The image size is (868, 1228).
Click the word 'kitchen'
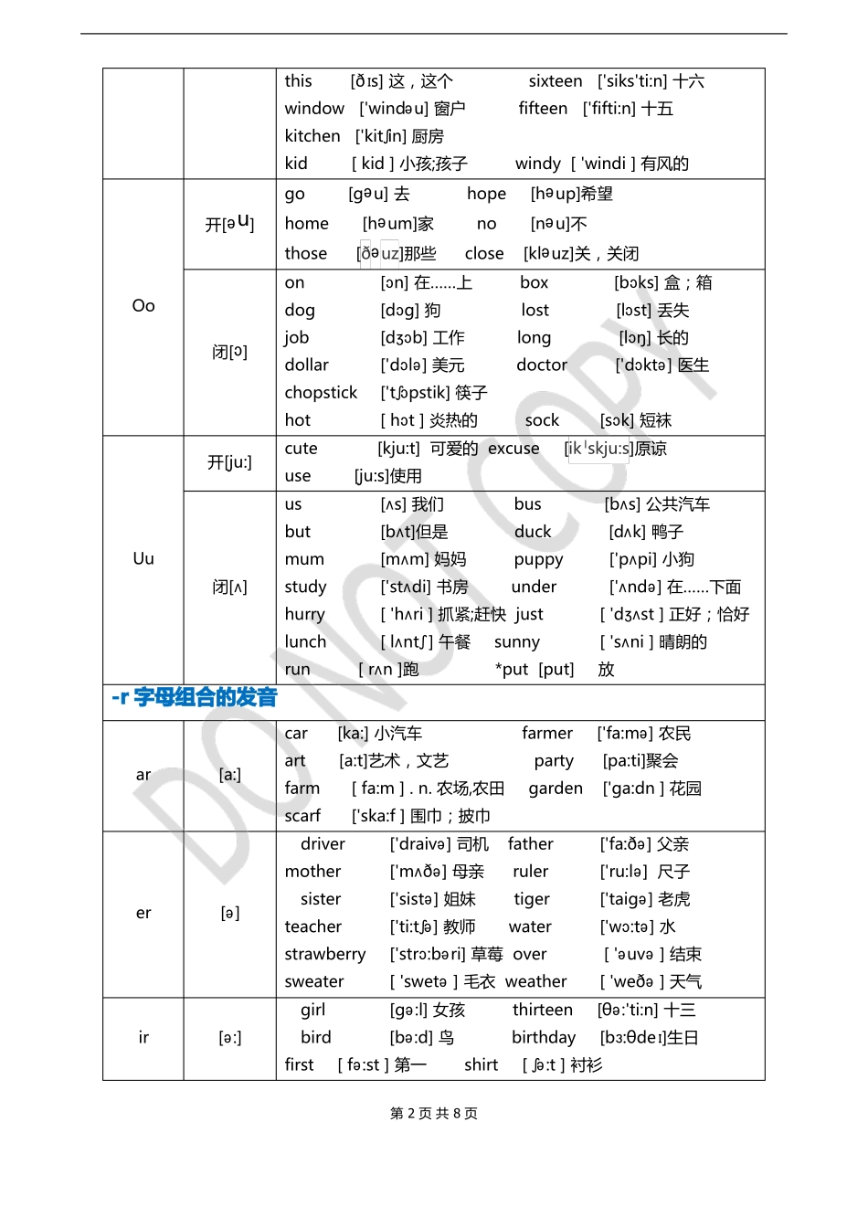[x=312, y=136]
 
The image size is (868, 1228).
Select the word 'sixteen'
[x=556, y=81]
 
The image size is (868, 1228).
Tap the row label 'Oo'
[x=143, y=306]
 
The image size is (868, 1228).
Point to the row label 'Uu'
[x=143, y=558]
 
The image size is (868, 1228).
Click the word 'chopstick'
[x=321, y=393]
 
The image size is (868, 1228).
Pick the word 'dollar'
[x=306, y=365]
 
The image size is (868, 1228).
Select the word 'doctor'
[x=542, y=365]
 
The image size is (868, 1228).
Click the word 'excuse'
[x=513, y=449]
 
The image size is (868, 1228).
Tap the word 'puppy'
[x=538, y=559]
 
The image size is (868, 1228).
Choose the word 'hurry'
[x=304, y=614]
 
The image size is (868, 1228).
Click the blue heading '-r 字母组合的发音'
[x=195, y=698]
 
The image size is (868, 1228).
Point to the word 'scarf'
[x=302, y=816]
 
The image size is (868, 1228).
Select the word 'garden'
[x=556, y=789]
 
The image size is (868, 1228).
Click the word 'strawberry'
[x=325, y=954]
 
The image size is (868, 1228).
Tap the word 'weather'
[x=536, y=981]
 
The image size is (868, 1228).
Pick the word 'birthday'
[x=544, y=1037]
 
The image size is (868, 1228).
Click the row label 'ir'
[x=143, y=1037]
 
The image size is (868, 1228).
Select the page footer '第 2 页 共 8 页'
[x=434, y=1113]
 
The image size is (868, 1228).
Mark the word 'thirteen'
[x=543, y=1010]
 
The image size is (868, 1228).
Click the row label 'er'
[x=143, y=913]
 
